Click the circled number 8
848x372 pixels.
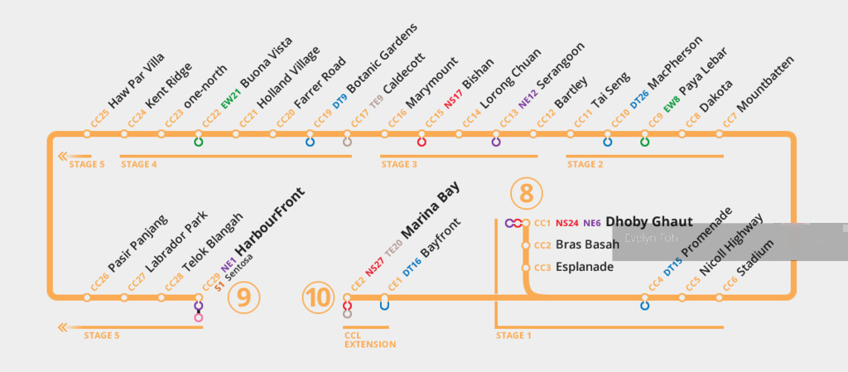(527, 193)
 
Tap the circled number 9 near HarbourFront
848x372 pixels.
(243, 297)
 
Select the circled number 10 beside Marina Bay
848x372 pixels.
(318, 297)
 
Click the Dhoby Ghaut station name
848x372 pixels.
(648, 222)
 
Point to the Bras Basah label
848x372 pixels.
(586, 244)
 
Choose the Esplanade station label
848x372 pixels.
(585, 267)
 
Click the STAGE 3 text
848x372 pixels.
(399, 164)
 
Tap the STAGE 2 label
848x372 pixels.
(585, 164)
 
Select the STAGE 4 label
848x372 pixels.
(138, 164)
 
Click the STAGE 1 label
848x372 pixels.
(513, 336)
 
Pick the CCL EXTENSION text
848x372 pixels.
(370, 340)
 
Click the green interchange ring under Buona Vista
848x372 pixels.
(199, 143)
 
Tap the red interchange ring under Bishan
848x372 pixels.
(422, 143)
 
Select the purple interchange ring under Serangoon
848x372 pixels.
(496, 143)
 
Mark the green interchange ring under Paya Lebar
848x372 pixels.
(645, 143)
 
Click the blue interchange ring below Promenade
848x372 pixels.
(645, 306)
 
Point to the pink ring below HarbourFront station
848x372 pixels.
(199, 317)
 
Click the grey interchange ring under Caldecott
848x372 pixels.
(347, 143)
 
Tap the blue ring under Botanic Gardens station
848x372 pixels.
(311, 143)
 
